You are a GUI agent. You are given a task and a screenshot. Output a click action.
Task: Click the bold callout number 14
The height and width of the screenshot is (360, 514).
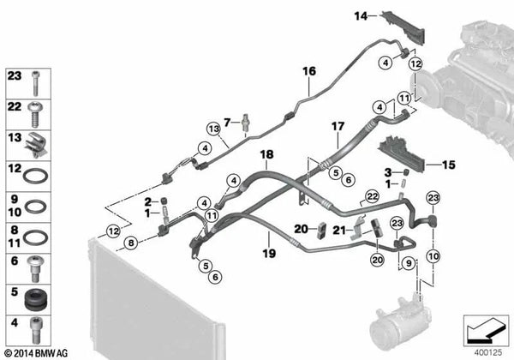[x=361, y=15]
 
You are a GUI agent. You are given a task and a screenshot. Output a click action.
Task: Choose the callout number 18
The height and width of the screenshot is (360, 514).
[x=266, y=155]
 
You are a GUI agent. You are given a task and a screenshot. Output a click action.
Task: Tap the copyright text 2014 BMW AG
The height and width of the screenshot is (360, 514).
[x=36, y=352]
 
